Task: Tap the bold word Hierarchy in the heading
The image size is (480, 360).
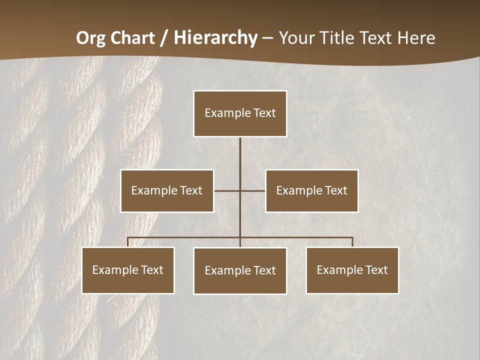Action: [x=215, y=38]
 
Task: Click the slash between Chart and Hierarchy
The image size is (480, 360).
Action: [x=164, y=38]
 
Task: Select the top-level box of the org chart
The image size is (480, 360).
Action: [x=240, y=113]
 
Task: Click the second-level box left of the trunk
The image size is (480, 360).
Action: [x=167, y=190]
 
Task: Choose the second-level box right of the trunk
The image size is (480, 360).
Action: [x=311, y=190]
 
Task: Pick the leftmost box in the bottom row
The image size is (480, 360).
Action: [x=128, y=270]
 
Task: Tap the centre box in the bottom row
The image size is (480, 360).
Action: [x=240, y=270]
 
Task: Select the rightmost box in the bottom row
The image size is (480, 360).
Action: [x=352, y=270]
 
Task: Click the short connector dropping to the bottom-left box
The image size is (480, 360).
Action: [x=128, y=242]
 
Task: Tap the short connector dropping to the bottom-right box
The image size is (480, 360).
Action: [x=352, y=242]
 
